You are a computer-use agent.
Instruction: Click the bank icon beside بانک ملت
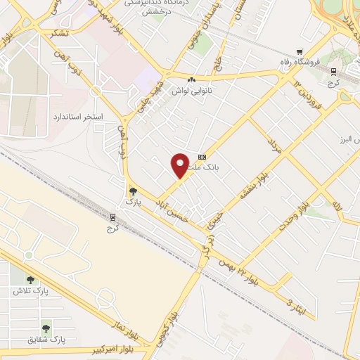click(202, 157)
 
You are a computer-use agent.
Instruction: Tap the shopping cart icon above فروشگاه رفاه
click(300, 51)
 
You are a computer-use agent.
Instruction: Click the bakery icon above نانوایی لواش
click(191, 79)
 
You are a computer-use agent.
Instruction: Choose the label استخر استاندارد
click(78, 115)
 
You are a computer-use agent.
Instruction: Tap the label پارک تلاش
click(28, 290)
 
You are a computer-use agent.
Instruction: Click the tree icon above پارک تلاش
click(30, 279)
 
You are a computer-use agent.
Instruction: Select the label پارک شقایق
click(47, 339)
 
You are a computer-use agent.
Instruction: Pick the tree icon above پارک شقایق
click(46, 327)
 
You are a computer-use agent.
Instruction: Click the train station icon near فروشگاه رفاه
click(333, 70)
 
